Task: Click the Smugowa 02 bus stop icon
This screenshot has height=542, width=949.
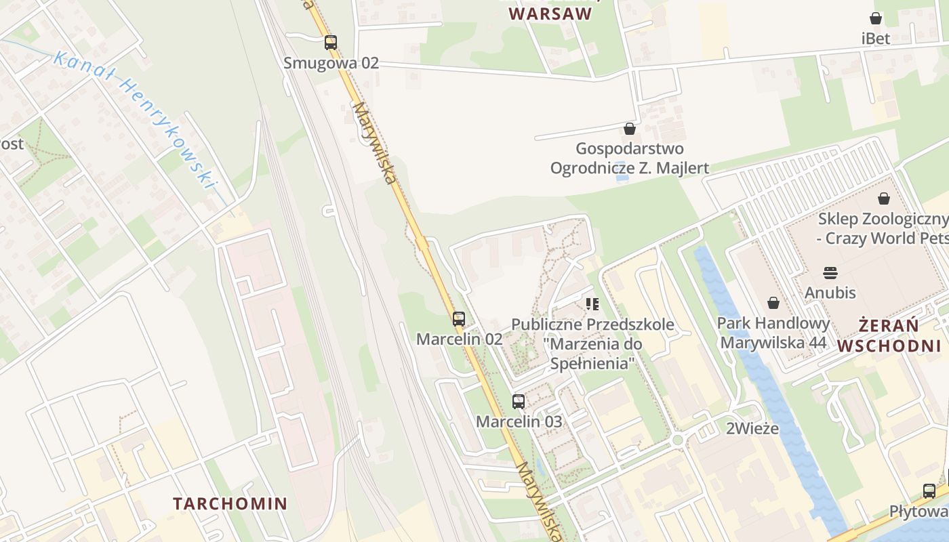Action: [330, 43]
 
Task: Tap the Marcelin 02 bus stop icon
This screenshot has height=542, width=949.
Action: [459, 318]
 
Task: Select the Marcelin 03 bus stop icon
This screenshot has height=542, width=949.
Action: [519, 401]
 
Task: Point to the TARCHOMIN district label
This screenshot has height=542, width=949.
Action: [230, 503]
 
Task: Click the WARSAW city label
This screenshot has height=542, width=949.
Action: [550, 14]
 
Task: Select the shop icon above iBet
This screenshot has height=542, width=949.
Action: [876, 18]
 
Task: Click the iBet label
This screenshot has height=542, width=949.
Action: [876, 39]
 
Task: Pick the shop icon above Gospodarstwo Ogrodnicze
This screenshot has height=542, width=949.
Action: [630, 128]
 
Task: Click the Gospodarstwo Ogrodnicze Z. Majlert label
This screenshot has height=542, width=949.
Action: [630, 158]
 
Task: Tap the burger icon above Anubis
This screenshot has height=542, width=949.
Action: [830, 272]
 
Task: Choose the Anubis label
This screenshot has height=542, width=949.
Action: [830, 293]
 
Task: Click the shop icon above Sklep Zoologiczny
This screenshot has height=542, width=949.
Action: [884, 199]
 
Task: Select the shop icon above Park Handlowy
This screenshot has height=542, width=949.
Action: [773, 303]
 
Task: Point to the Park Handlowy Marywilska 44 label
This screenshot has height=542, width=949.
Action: [773, 333]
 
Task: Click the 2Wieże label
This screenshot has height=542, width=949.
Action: [752, 428]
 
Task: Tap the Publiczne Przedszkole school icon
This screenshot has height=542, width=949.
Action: [592, 304]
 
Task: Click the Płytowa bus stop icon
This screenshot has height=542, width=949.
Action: [929, 491]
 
